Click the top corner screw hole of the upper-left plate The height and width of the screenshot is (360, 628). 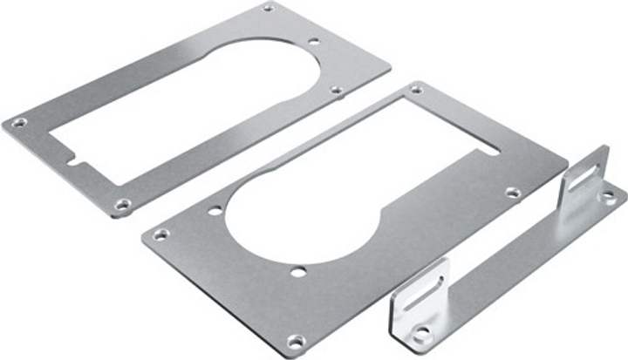269,8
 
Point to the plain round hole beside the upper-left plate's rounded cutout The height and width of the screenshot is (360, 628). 314,41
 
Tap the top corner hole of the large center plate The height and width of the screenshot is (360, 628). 417,89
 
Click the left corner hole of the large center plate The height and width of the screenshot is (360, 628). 161,234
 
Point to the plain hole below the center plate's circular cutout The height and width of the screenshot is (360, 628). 298,273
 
